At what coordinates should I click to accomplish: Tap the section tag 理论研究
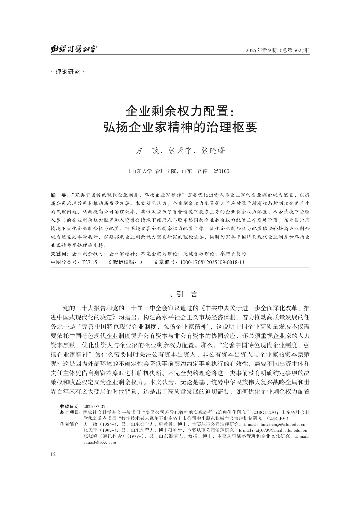[x=68, y=72]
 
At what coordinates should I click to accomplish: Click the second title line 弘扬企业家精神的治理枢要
[x=180, y=128]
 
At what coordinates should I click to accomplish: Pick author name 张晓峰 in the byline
[x=213, y=151]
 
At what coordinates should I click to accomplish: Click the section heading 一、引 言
[x=180, y=294]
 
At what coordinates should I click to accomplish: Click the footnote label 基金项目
[x=70, y=412]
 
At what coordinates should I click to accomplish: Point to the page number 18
[x=53, y=454]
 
